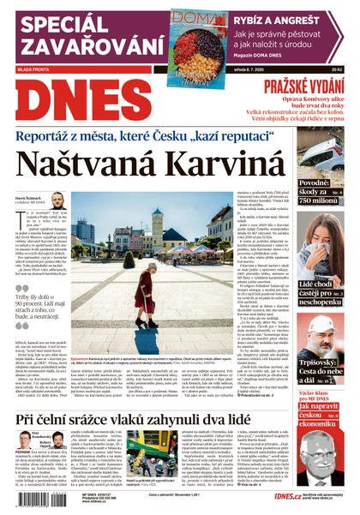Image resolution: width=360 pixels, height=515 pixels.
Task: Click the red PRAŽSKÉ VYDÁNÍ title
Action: (x=302, y=87)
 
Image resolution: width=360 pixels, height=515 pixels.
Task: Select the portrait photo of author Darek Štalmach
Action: (x=57, y=202)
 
